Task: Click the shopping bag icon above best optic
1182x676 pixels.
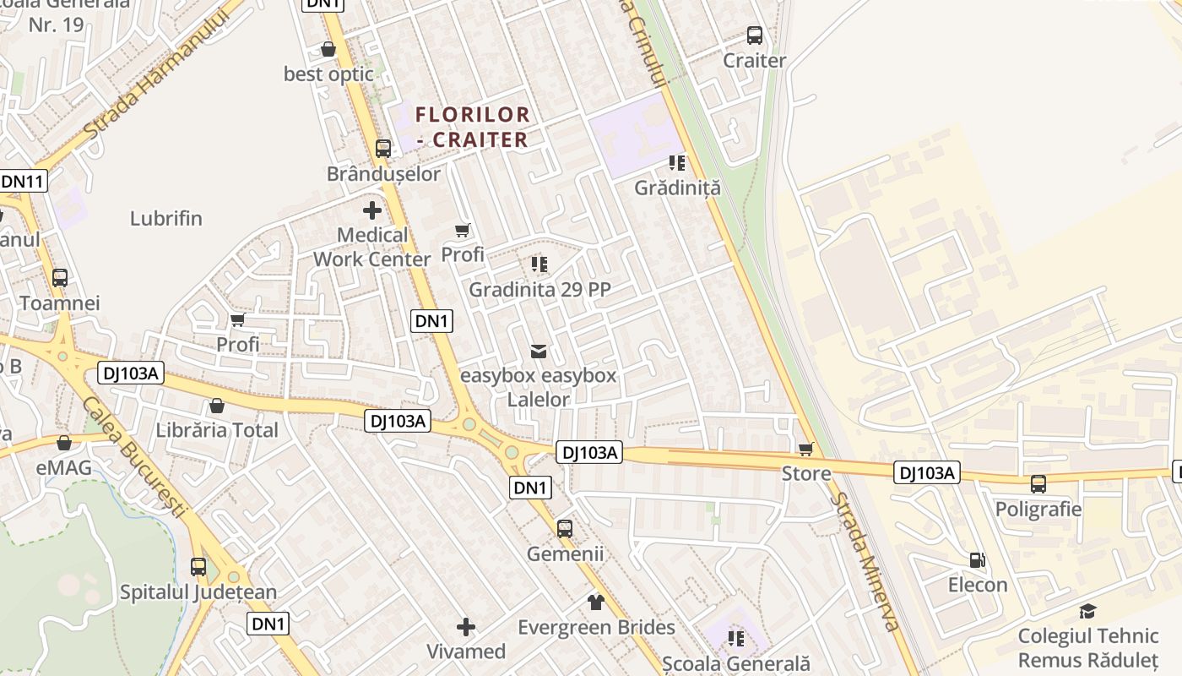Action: (x=328, y=50)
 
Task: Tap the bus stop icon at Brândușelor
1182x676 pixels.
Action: (x=383, y=149)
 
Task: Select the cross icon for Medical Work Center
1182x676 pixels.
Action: (x=372, y=210)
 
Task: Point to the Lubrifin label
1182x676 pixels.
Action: (x=166, y=218)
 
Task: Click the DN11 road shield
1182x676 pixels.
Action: (x=23, y=181)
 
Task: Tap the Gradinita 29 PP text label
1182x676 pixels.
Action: (x=539, y=290)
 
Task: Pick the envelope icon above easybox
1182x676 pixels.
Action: (x=538, y=351)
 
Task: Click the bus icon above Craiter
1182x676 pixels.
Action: (x=755, y=35)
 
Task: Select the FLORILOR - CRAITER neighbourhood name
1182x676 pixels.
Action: (x=473, y=127)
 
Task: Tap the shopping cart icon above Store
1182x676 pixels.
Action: (x=806, y=449)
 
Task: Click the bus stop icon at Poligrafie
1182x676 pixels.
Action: (x=1038, y=484)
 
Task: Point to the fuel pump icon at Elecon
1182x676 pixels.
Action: (x=978, y=559)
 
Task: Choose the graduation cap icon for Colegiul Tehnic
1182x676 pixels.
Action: (x=1087, y=611)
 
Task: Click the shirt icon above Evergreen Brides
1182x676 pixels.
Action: (x=596, y=602)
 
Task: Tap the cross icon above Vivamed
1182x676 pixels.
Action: (x=465, y=626)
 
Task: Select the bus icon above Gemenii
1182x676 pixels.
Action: (x=565, y=529)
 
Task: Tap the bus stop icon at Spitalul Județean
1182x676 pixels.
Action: (x=198, y=567)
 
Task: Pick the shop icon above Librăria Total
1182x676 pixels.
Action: (x=217, y=406)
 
